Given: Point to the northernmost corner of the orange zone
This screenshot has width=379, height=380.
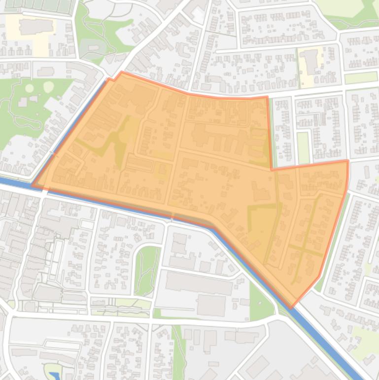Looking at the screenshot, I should (x=121, y=73).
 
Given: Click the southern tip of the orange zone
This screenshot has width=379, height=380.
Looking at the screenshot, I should (x=291, y=307).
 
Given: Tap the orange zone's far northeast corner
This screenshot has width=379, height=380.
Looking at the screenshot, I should (x=347, y=161).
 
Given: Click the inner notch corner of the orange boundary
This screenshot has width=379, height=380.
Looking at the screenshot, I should (x=272, y=169).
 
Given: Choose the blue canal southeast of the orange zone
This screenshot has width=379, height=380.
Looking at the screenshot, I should (x=325, y=340).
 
